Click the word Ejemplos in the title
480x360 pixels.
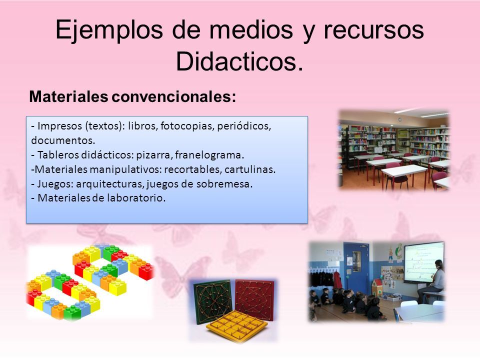point(109,30)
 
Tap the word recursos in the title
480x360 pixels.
point(374,30)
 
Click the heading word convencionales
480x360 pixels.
point(174,96)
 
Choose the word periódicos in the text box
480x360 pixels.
point(244,126)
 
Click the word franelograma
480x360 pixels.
point(209,155)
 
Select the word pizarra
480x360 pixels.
point(154,155)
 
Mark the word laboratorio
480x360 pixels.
point(136,198)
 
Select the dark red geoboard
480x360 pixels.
point(254,299)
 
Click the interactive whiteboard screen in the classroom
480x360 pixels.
point(424,262)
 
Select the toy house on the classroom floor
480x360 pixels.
point(377,288)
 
